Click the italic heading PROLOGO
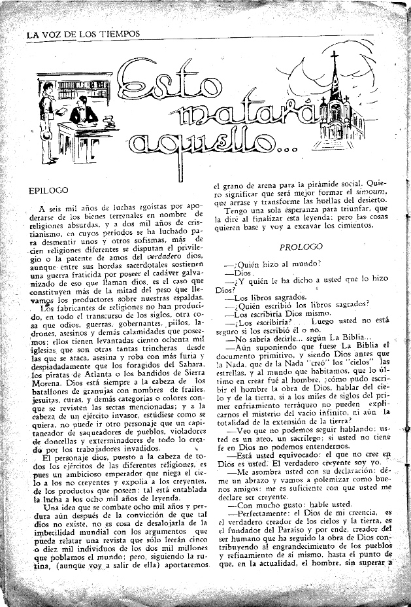pyautogui.click(x=301, y=247)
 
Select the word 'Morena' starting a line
pyautogui.click(x=44, y=381)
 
